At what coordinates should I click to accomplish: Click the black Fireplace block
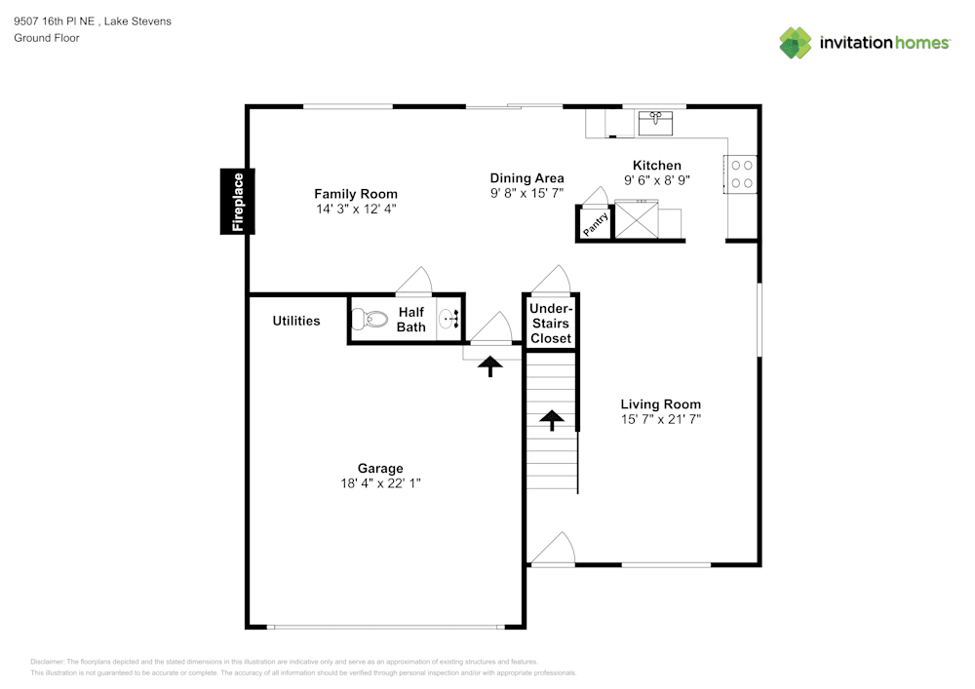point(238,202)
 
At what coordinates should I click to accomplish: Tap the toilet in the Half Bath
point(370,320)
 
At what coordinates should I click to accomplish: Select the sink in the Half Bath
point(448,320)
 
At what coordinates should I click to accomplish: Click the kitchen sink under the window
point(655,123)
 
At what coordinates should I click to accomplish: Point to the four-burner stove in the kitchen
point(741,174)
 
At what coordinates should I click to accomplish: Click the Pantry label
point(596,224)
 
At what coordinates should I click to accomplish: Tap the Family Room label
point(356,194)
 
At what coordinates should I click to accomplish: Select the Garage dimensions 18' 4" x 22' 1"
point(380,483)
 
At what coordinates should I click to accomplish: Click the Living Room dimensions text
point(660,419)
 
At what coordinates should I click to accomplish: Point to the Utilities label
point(296,321)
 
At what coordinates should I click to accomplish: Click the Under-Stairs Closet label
point(551,324)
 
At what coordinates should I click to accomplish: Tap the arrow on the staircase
point(552,421)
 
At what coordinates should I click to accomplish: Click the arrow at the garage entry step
point(490,365)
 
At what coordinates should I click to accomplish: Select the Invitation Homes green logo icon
point(796,43)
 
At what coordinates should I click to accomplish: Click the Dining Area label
point(526,178)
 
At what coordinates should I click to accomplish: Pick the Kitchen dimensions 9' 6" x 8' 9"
point(657,180)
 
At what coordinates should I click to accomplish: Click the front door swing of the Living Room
point(552,549)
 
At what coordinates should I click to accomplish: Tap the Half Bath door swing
point(413,281)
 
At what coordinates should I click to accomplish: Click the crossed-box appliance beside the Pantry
point(636,219)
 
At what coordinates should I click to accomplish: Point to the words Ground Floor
point(47,38)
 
